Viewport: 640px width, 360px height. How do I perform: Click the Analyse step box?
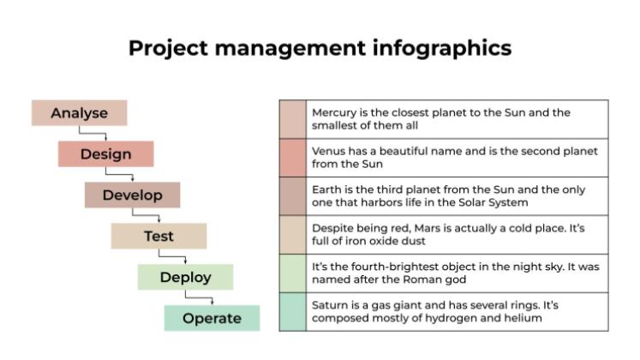pos(79,113)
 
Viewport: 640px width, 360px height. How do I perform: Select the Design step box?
pos(105,154)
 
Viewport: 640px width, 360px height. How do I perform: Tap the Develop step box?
pos(132,195)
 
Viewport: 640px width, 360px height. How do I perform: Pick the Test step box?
pos(159,236)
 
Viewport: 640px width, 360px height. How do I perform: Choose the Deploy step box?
pos(185,277)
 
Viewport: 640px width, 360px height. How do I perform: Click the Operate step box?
pos(212,318)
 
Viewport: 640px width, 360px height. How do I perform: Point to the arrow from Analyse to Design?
pos(93,133)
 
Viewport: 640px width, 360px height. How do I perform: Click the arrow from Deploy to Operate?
pos(199,297)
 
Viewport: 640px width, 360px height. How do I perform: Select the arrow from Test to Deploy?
pos(172,256)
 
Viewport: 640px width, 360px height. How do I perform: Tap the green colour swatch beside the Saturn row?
pos(292,312)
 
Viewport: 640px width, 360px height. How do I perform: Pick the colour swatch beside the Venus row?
pos(292,158)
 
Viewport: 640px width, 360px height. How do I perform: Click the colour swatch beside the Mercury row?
pos(292,119)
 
